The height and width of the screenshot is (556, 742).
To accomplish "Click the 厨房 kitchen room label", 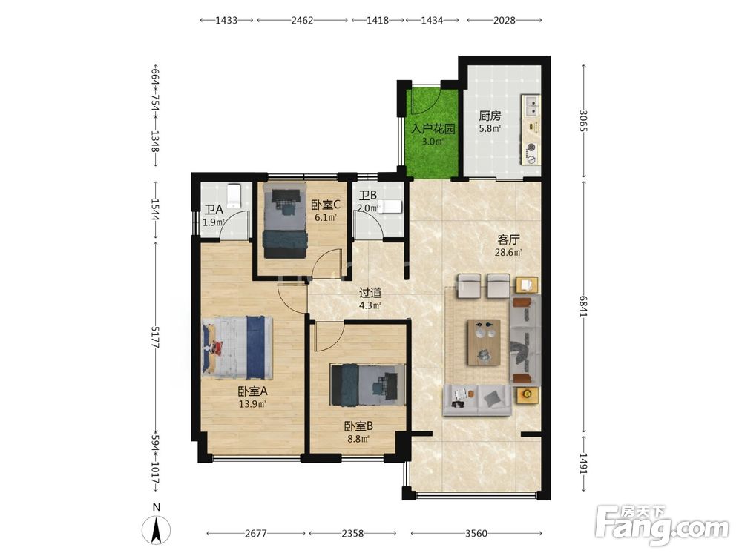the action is [x=490, y=116].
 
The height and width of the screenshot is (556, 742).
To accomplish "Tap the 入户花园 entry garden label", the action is [x=433, y=128].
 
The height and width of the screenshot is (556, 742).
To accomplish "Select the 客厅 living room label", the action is [x=508, y=239].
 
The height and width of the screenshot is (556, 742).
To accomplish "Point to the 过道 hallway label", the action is [x=370, y=293].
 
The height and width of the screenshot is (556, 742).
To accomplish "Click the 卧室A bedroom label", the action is [x=253, y=391].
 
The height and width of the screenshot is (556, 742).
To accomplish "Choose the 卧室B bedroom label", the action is [x=358, y=426].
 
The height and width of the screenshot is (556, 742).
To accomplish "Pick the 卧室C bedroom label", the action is [x=326, y=205].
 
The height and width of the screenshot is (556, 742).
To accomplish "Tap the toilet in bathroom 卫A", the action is [x=234, y=196].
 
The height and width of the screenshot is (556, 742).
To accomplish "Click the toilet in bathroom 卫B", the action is [x=391, y=207].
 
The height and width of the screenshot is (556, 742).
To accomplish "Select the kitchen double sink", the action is [x=532, y=106].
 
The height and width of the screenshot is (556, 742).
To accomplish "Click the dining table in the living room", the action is [x=484, y=342].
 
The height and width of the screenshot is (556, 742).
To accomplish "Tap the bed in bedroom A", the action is [x=237, y=348].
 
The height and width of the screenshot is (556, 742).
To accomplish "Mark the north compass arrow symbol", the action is [x=157, y=529].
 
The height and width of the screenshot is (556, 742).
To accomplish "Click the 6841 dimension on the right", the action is [x=584, y=306].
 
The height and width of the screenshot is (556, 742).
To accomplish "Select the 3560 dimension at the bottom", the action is [x=476, y=533].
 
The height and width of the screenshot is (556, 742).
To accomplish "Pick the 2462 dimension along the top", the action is [x=303, y=20].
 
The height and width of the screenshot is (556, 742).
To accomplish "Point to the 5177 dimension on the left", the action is [x=155, y=337].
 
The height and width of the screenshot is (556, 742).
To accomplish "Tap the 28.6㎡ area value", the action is [x=508, y=253].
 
